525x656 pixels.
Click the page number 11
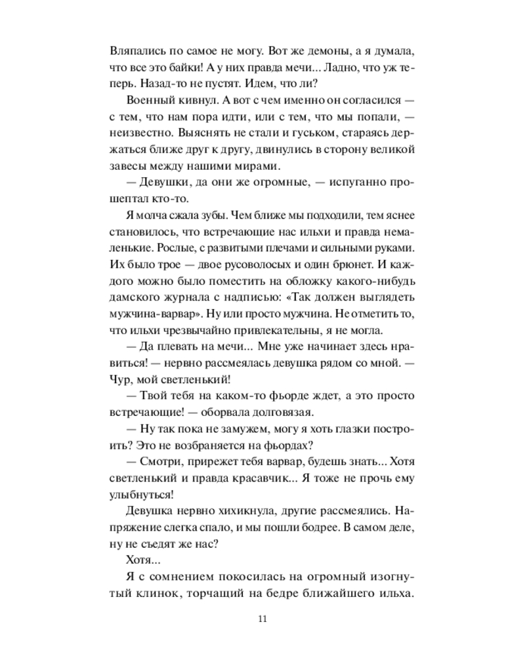tap(262, 619)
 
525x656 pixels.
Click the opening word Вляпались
tap(135, 50)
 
